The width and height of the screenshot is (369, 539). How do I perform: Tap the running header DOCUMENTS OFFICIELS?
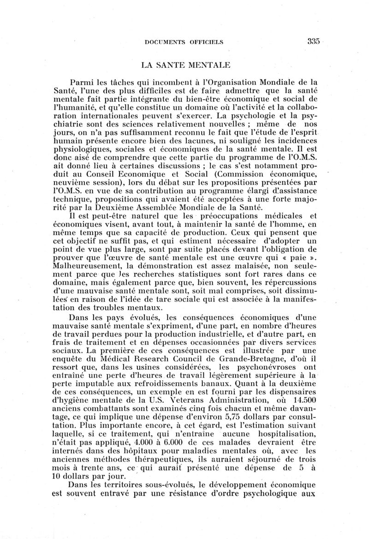(184, 42)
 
